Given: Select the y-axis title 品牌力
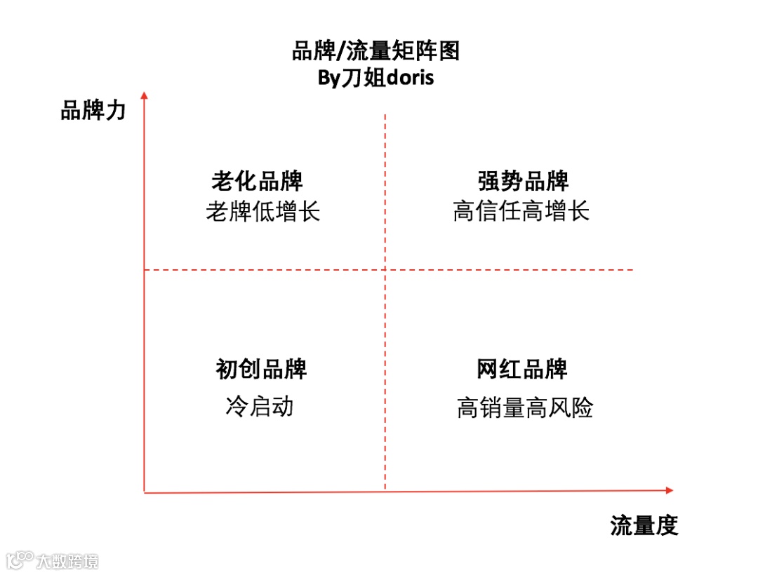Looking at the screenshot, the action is (x=93, y=110).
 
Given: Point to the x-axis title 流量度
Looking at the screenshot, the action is (x=644, y=525).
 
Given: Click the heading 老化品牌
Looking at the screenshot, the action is (x=258, y=181).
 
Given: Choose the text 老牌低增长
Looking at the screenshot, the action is (x=263, y=211).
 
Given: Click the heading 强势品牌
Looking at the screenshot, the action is (x=523, y=181).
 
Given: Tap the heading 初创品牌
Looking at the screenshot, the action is (x=261, y=369).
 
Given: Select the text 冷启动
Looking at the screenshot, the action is (x=259, y=406).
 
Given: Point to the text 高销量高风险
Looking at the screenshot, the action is (x=525, y=407).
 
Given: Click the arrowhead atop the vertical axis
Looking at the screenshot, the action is (x=144, y=95).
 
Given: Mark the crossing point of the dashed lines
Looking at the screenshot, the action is (x=385, y=269).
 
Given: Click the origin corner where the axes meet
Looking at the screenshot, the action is (x=144, y=492).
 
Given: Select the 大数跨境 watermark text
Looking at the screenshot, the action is (x=67, y=561).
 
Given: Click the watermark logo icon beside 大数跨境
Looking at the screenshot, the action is (x=20, y=560).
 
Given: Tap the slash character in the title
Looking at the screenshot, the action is (x=341, y=52).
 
